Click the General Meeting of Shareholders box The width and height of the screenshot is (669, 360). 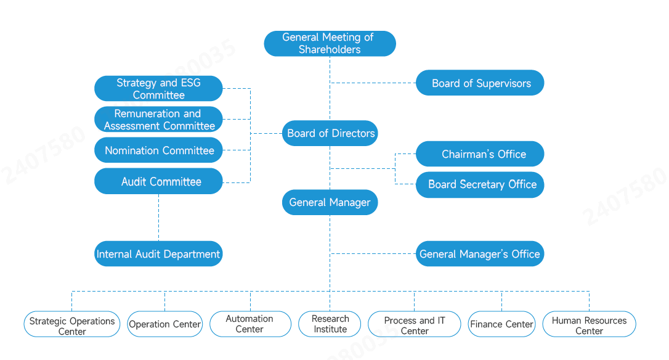330,44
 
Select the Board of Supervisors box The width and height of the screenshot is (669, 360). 480,83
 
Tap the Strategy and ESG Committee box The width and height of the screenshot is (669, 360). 158,89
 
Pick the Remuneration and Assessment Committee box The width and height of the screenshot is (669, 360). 158,120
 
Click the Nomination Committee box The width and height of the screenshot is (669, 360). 158,150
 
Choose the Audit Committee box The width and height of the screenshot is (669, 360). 158,181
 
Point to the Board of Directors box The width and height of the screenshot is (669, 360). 330,133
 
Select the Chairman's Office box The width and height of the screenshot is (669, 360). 480,154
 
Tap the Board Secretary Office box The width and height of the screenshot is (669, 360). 480,184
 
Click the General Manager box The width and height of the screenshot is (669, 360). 330,202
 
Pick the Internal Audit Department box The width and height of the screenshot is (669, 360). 158,254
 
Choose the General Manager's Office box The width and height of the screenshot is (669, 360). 480,254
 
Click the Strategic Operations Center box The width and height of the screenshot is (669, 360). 72,325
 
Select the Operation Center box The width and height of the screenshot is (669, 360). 165,324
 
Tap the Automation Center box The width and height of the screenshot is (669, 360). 250,324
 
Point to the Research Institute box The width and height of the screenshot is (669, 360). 330,324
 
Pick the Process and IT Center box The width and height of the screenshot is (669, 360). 414,325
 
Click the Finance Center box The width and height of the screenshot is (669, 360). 501,324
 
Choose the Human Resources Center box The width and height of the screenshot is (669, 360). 589,324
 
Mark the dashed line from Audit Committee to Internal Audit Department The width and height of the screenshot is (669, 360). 158,218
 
